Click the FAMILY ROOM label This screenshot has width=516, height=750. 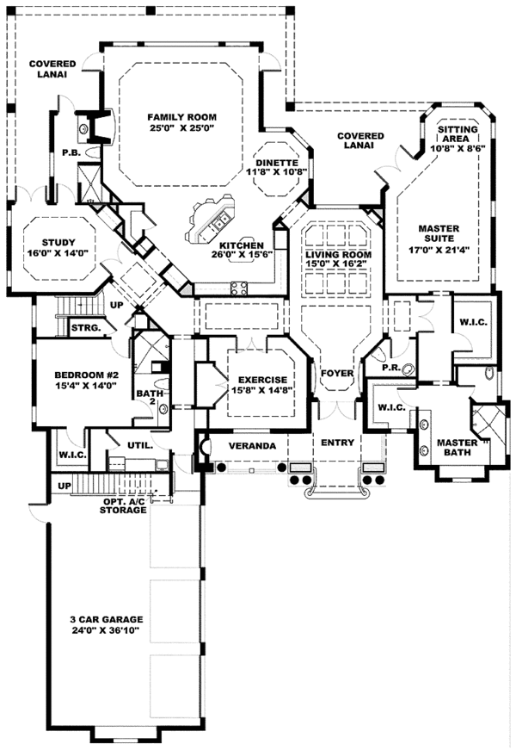point(181,117)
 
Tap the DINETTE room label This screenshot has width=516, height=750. point(276,163)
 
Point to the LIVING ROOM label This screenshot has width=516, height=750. point(338,256)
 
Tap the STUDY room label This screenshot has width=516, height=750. point(58,242)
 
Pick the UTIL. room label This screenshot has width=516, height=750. point(140,446)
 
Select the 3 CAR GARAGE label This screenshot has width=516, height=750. point(107,619)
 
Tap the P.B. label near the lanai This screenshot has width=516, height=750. point(70,153)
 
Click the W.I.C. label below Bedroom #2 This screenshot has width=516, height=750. point(71,455)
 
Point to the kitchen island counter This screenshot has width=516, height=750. point(208,220)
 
